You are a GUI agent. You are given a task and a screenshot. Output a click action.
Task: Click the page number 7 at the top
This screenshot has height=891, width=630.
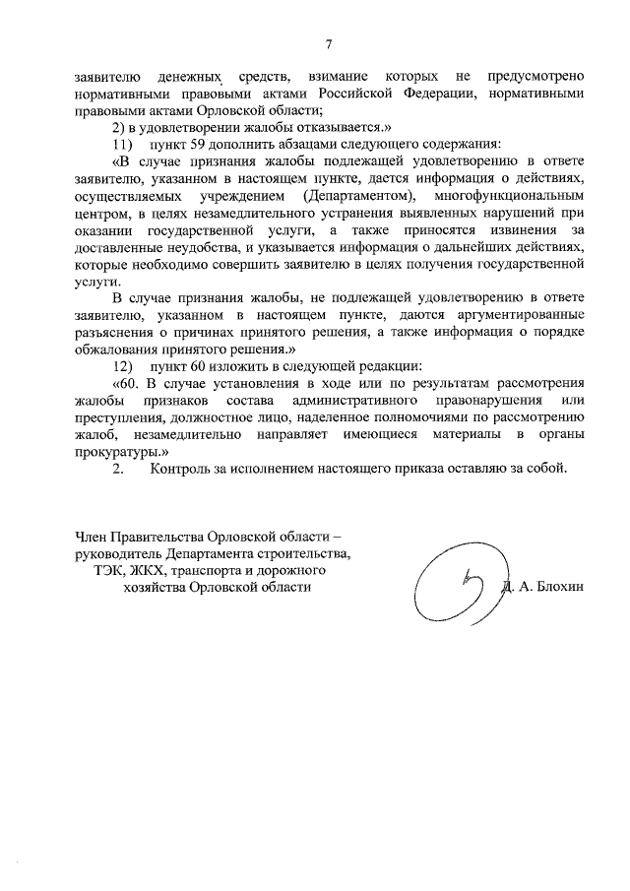click(x=330, y=43)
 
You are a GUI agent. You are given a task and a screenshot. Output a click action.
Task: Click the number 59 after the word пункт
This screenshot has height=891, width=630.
click(x=199, y=144)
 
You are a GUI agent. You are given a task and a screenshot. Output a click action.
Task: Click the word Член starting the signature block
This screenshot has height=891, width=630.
click(x=93, y=536)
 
